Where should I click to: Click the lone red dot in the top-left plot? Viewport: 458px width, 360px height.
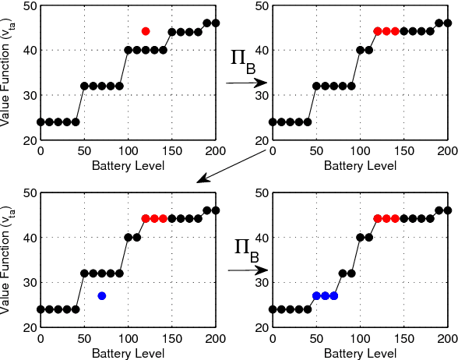point(146,31)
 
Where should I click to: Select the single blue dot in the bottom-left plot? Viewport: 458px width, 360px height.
point(102,296)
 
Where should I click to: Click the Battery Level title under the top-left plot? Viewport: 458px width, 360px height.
point(128,165)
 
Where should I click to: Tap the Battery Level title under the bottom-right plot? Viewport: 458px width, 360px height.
point(359,353)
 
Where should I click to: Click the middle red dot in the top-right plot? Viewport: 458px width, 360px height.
point(386,31)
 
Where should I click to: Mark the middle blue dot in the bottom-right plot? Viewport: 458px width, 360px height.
point(325,296)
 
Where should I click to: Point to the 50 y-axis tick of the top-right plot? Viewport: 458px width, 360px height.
point(262,5)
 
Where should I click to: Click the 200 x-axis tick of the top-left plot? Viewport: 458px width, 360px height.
point(216,151)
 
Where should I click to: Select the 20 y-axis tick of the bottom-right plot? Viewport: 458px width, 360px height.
point(262,328)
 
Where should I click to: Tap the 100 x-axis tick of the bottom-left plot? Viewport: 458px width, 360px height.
point(128,339)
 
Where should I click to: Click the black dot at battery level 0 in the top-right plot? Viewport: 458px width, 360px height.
point(273,122)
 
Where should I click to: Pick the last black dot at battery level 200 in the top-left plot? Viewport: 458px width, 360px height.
point(216,23)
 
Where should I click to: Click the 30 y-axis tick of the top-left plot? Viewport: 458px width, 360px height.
point(30,95)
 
